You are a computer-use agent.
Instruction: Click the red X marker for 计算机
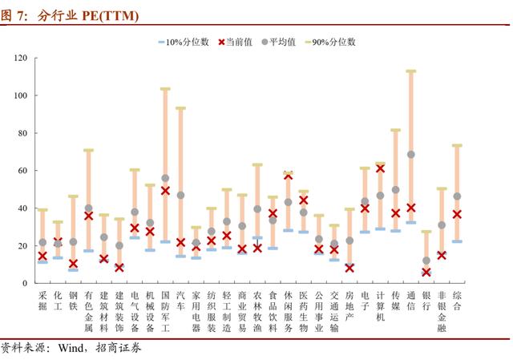point(380,168)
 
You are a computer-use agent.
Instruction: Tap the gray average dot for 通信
point(411,154)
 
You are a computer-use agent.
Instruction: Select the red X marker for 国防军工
point(165,191)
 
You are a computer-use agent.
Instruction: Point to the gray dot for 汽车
point(180,195)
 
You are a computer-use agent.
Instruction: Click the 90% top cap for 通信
point(411,71)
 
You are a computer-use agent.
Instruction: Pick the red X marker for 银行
point(426,272)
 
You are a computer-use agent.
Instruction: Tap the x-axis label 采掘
point(42,301)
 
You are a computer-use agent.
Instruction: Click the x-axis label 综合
point(457,301)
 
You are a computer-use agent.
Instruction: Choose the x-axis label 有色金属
point(88,311)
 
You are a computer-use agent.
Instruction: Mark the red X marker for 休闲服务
point(288,176)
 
